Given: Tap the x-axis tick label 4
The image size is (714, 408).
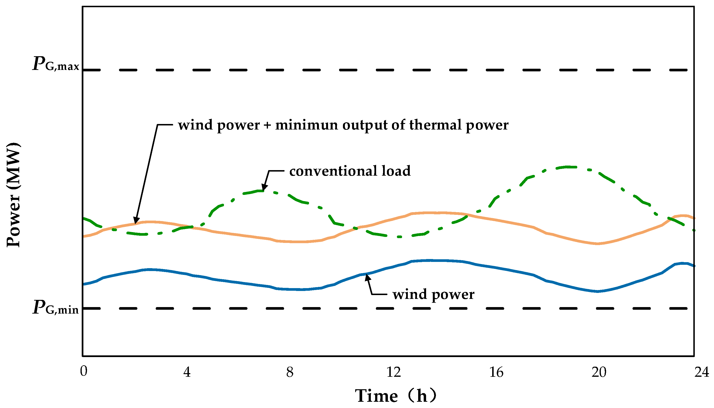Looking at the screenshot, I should [187, 372].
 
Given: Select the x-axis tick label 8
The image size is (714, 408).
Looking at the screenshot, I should [290, 372].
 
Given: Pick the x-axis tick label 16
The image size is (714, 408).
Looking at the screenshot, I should [496, 372].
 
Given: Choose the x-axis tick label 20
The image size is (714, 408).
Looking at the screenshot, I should [599, 372].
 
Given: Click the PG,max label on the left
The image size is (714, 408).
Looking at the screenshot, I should [56, 64].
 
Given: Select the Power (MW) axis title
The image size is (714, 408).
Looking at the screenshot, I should [13, 195].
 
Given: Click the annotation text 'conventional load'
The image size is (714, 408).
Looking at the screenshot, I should [350, 171].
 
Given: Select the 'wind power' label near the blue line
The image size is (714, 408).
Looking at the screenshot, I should [433, 294].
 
